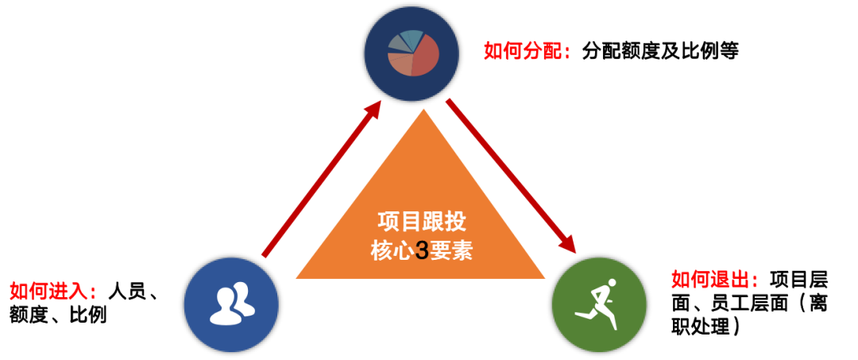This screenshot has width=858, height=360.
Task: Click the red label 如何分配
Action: [x=527, y=52]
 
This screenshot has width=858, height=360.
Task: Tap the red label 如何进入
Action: [x=52, y=292]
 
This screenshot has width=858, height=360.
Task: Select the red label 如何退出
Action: [x=714, y=280]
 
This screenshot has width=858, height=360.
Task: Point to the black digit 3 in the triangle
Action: [x=422, y=251]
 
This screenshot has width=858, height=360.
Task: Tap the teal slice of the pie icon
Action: [x=412, y=38]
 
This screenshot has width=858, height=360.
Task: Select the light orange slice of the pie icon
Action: [x=400, y=64]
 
